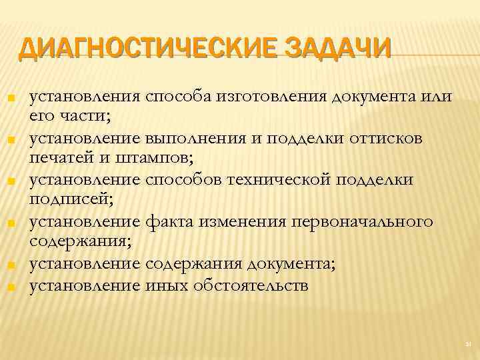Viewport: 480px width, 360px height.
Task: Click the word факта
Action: pyautogui.click(x=169, y=221)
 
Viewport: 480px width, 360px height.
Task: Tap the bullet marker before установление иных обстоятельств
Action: pyautogui.click(x=11, y=287)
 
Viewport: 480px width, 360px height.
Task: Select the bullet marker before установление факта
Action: pyautogui.click(x=11, y=223)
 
